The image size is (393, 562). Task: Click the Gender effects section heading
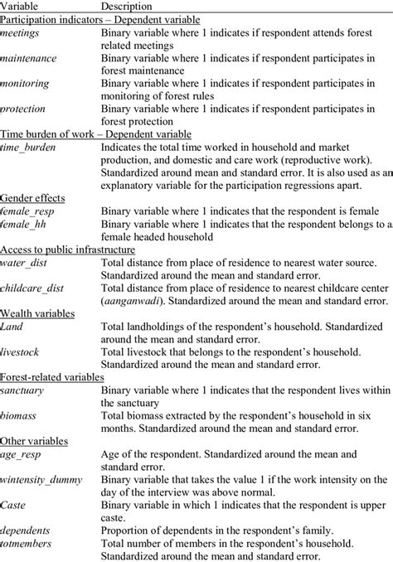click(x=34, y=198)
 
